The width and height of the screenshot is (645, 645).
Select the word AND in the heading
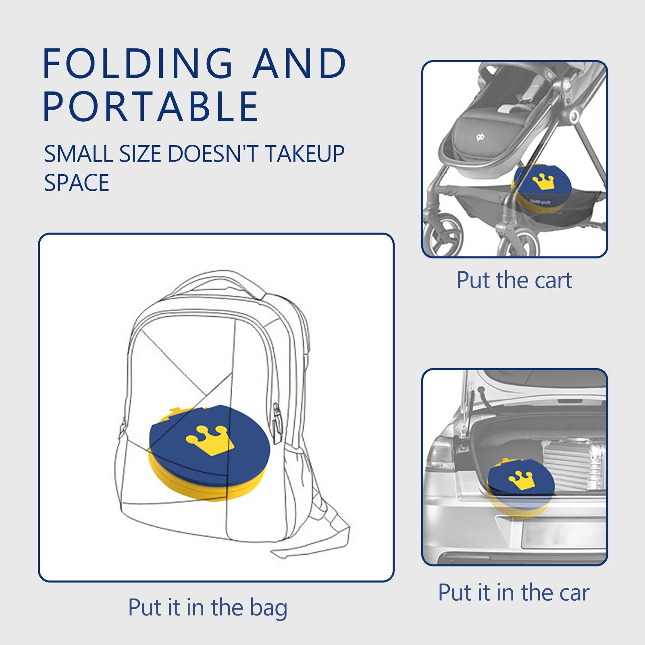[x=299, y=63]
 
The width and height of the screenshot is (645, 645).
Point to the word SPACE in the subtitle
[x=77, y=183]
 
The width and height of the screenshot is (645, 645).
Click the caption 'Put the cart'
[x=514, y=280]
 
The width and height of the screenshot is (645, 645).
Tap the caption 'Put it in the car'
[x=514, y=593]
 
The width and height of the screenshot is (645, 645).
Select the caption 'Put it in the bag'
[x=208, y=608]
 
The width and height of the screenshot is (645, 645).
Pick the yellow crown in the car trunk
[x=522, y=480]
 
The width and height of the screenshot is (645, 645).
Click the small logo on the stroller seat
[x=480, y=137]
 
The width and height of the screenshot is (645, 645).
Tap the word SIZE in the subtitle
[x=139, y=154]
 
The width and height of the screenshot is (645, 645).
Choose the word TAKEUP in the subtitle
[x=305, y=154]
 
